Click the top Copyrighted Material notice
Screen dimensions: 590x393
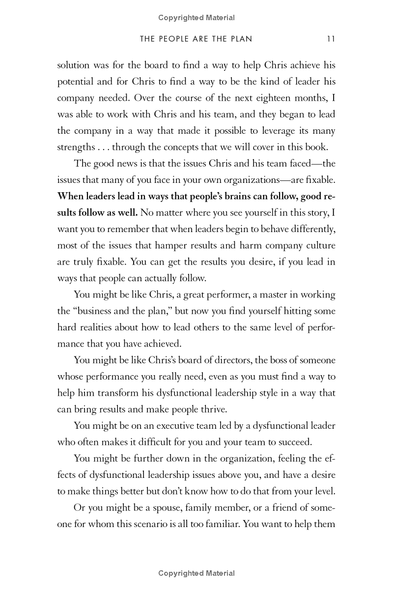click(196, 18)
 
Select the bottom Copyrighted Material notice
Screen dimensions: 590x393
click(196, 573)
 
